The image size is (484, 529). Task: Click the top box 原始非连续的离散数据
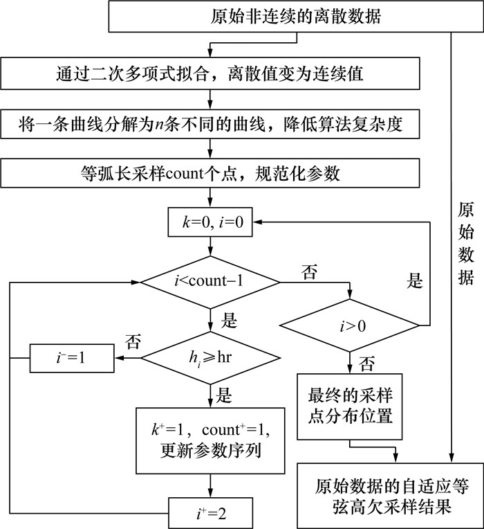click(295, 16)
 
